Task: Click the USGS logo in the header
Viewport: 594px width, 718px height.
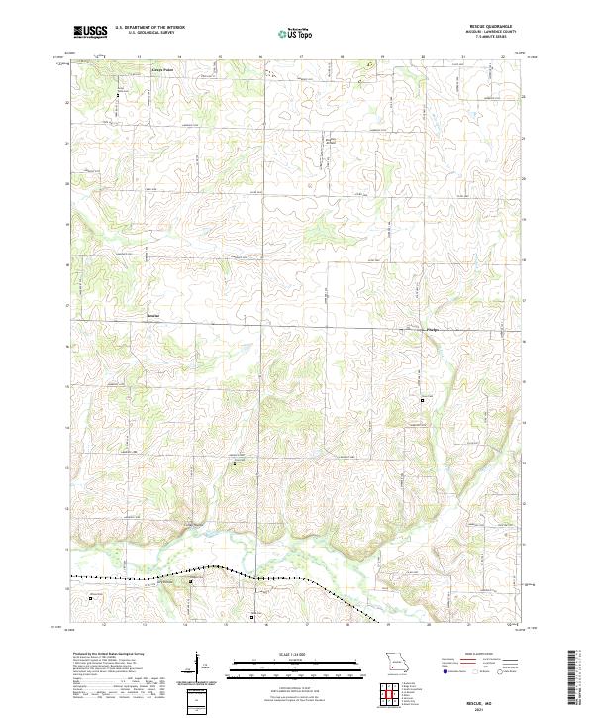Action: pos(90,32)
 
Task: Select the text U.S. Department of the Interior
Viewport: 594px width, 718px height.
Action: pos(149,28)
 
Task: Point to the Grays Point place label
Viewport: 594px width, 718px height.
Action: pos(161,70)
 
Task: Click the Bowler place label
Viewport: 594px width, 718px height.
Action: pos(152,317)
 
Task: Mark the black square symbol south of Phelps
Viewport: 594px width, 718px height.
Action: pos(423,400)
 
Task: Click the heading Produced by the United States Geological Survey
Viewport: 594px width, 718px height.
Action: pos(118,654)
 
